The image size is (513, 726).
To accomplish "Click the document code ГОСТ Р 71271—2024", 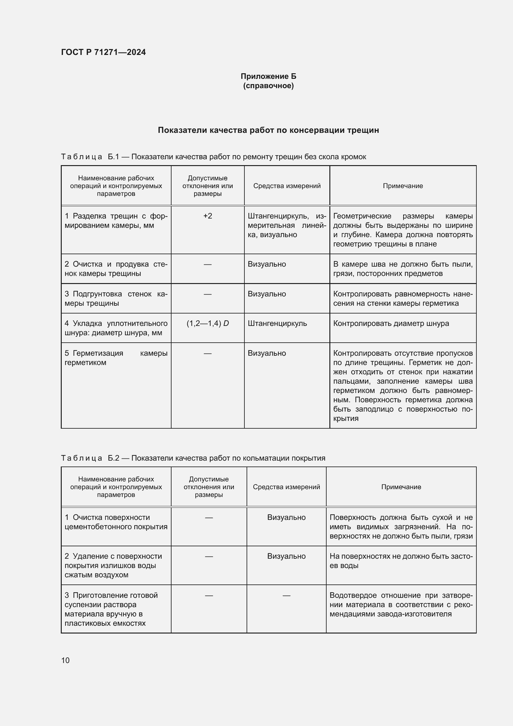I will pyautogui.click(x=103, y=52).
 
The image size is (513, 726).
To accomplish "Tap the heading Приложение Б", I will pyautogui.click(x=268, y=76).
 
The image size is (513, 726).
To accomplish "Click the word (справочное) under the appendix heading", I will pyautogui.click(x=268, y=86).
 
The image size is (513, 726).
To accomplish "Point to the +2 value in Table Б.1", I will pyautogui.click(x=207, y=216).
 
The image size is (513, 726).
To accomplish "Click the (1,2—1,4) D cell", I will pyautogui.click(x=207, y=323).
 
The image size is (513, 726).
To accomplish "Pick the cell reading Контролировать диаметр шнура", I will pyautogui.click(x=391, y=323).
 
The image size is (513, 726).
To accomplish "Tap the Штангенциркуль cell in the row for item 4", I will pyautogui.click(x=277, y=323).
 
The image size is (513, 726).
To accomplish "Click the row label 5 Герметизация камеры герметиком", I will pyautogui.click(x=116, y=358).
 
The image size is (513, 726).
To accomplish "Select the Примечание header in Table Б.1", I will pyautogui.click(x=403, y=186).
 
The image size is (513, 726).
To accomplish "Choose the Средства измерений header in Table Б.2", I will pyautogui.click(x=286, y=487).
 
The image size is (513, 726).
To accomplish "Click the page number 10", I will pyautogui.click(x=65, y=660).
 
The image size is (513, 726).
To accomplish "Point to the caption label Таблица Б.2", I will pyautogui.click(x=90, y=458).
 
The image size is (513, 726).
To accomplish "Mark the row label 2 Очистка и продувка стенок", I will pyautogui.click(x=116, y=269).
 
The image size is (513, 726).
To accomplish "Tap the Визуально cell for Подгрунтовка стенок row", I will pyautogui.click(x=267, y=294).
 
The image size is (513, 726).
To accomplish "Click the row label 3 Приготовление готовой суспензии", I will pyautogui.click(x=111, y=609).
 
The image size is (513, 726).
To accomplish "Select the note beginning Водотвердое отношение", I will pyautogui.click(x=401, y=604).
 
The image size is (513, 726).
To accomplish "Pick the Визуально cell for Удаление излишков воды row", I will pyautogui.click(x=286, y=556).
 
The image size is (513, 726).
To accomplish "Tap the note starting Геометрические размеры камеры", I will pyautogui.click(x=403, y=230).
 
